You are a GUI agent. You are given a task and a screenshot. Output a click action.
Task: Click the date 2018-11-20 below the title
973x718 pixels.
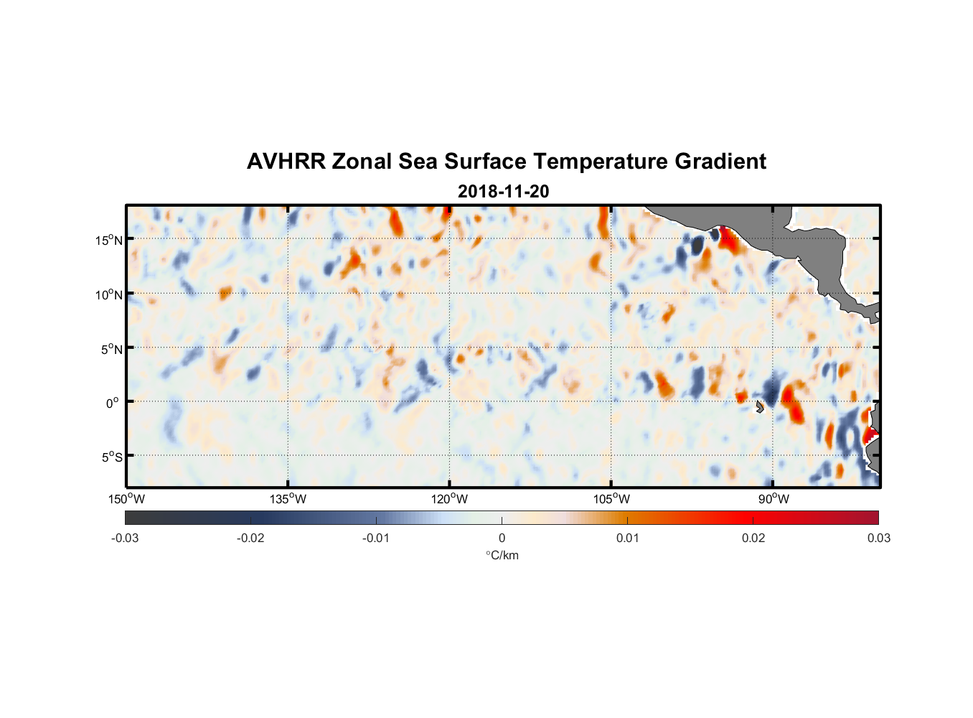pyautogui.click(x=503, y=191)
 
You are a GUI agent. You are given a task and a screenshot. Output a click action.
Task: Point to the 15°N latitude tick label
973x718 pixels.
pyautogui.click(x=109, y=240)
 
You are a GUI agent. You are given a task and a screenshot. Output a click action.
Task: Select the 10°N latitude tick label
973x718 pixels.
pyautogui.click(x=109, y=294)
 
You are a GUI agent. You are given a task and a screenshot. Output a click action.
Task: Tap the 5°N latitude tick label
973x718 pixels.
pyautogui.click(x=111, y=349)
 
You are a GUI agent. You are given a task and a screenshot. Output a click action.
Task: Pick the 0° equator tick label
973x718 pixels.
pyautogui.click(x=113, y=403)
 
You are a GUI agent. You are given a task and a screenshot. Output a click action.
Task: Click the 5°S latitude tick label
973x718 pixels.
pyautogui.click(x=111, y=457)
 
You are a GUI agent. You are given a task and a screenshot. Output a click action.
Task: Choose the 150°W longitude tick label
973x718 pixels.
pyautogui.click(x=127, y=499)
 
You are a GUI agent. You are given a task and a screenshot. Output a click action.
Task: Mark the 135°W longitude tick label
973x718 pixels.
pyautogui.click(x=288, y=499)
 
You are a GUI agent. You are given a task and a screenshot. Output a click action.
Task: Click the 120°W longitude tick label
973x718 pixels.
pyautogui.click(x=450, y=499)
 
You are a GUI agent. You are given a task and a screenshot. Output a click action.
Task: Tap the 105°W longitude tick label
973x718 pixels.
pyautogui.click(x=611, y=499)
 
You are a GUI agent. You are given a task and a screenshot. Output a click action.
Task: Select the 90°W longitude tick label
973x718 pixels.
pyautogui.click(x=774, y=499)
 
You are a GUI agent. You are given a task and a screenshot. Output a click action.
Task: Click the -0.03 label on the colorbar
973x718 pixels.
pyautogui.click(x=125, y=538)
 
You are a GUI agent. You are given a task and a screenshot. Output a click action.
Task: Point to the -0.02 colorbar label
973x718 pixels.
pyautogui.click(x=250, y=538)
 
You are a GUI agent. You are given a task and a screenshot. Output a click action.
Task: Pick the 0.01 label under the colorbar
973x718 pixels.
pyautogui.click(x=627, y=538)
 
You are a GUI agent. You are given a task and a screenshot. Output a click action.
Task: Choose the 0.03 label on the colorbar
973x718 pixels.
pyautogui.click(x=878, y=538)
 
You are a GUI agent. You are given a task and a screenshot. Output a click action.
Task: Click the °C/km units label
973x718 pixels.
pyautogui.click(x=502, y=555)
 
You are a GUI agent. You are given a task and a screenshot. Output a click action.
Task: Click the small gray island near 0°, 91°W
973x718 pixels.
pyautogui.click(x=759, y=407)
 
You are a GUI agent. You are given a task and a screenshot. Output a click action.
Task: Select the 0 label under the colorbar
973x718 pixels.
pyautogui.click(x=502, y=538)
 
